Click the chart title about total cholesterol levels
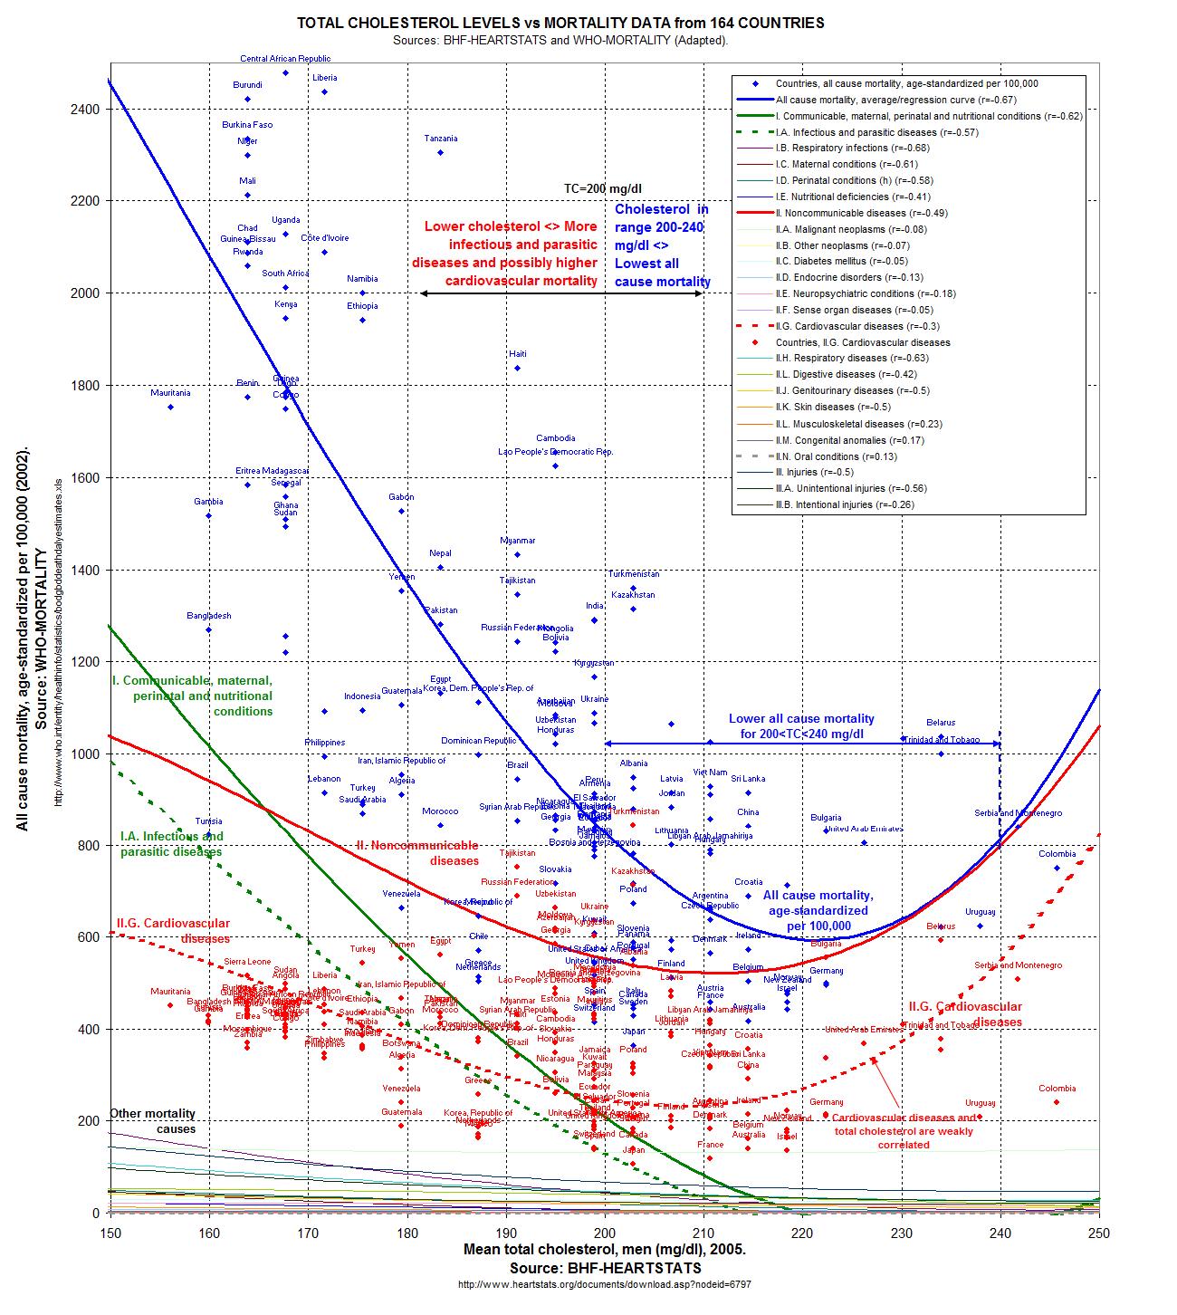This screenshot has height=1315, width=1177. pyautogui.click(x=561, y=23)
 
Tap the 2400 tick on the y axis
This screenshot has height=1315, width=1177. pyautogui.click(x=87, y=109)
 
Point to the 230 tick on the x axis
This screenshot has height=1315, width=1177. pyautogui.click(x=902, y=1233)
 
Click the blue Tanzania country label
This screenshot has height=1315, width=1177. pyautogui.click(x=441, y=139)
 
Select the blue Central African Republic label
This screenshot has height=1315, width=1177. pyautogui.click(x=285, y=59)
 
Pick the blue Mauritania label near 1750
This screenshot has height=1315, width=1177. pyautogui.click(x=170, y=393)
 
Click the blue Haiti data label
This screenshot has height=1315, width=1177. pyautogui.click(x=517, y=354)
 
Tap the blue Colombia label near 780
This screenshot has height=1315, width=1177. pyautogui.click(x=1057, y=854)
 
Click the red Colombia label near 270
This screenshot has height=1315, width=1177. pyautogui.click(x=1057, y=1089)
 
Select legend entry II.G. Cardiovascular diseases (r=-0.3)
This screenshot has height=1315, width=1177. pyautogui.click(x=838, y=326)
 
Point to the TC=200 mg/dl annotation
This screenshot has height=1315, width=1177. pyautogui.click(x=603, y=189)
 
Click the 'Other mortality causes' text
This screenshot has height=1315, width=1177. pyautogui.click(x=152, y=1121)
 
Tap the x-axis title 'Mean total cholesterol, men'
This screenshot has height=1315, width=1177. pyautogui.click(x=604, y=1249)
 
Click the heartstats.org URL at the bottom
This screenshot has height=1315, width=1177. pyautogui.click(x=604, y=1283)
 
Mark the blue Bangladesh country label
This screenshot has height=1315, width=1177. pyautogui.click(x=209, y=616)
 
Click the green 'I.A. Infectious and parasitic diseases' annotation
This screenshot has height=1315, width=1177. pyautogui.click(x=172, y=843)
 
